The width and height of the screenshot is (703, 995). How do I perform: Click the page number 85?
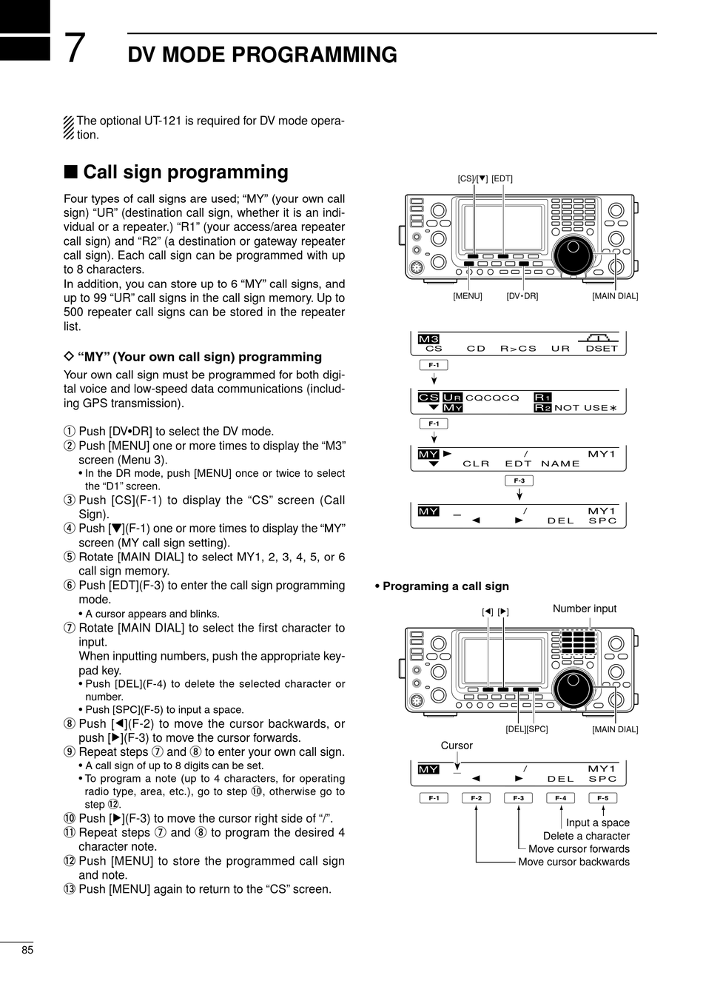click(27, 950)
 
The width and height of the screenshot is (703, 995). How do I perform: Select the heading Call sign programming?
click(185, 172)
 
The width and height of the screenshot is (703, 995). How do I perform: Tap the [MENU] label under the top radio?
click(467, 296)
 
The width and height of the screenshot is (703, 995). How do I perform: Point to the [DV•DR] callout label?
click(522, 296)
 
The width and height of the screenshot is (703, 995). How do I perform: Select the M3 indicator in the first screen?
click(428, 339)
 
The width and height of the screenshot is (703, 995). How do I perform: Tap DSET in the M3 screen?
click(601, 349)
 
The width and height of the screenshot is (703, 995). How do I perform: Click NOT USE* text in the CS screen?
click(585, 407)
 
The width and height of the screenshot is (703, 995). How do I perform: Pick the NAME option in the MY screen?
click(560, 464)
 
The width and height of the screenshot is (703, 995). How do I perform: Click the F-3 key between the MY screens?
click(519, 480)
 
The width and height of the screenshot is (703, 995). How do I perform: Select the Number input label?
click(584, 609)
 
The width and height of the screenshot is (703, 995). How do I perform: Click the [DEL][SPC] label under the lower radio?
click(527, 729)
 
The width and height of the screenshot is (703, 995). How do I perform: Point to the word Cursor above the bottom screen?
click(457, 746)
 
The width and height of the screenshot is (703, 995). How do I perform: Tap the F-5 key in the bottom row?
click(603, 798)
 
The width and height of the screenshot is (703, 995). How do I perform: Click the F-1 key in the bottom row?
click(433, 798)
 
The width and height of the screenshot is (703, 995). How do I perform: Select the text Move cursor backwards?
click(573, 862)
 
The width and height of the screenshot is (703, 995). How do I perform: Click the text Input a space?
click(597, 823)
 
